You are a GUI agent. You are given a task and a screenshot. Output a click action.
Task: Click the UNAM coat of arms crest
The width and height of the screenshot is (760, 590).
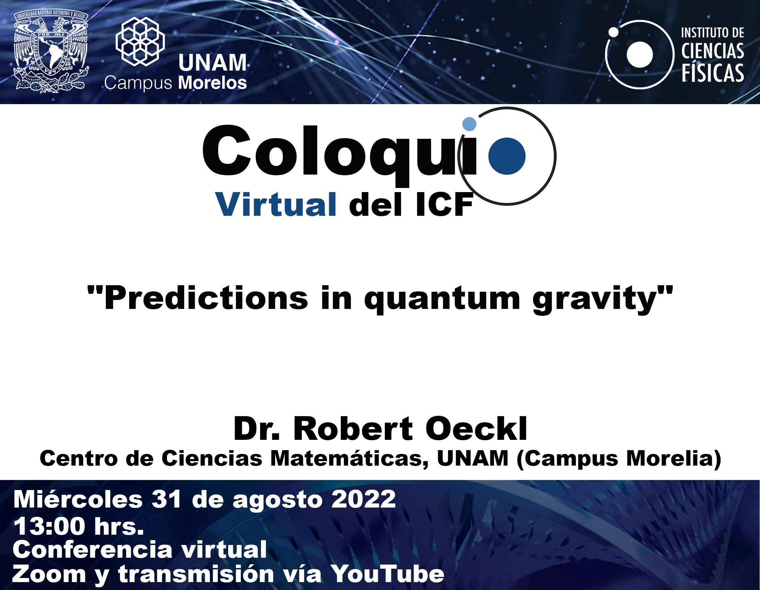[x=51, y=52]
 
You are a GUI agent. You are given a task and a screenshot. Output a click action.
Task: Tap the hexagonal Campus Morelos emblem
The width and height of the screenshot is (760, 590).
[x=140, y=42]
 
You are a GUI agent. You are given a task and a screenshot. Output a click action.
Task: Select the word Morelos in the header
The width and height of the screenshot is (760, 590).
[x=212, y=83]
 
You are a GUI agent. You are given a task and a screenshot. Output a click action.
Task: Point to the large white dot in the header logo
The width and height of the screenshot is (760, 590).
[x=640, y=55]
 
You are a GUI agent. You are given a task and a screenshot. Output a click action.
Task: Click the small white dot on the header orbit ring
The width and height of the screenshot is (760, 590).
[x=614, y=32]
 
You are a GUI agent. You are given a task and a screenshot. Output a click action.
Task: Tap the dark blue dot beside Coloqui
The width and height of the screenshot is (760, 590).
[x=507, y=156]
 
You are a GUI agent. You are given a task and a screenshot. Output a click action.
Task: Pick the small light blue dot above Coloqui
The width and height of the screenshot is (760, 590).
[x=469, y=124]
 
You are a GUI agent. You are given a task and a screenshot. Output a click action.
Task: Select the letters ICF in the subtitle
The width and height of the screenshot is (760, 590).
[x=444, y=205]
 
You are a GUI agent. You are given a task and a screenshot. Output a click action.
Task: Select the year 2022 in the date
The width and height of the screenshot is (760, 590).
[x=363, y=500]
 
